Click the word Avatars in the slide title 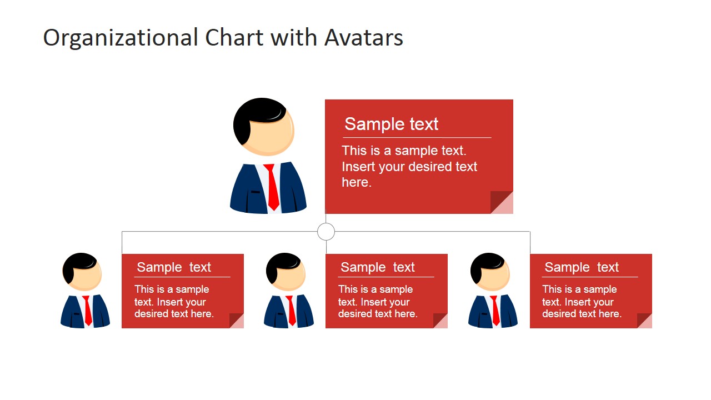[x=364, y=38]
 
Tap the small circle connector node [x=326, y=232]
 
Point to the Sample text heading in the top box [x=391, y=124]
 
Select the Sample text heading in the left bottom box [x=174, y=267]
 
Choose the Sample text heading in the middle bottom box [x=378, y=267]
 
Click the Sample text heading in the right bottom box [x=582, y=267]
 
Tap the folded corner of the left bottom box [x=237, y=321]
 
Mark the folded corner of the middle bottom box [x=440, y=321]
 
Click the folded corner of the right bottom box [x=644, y=321]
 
